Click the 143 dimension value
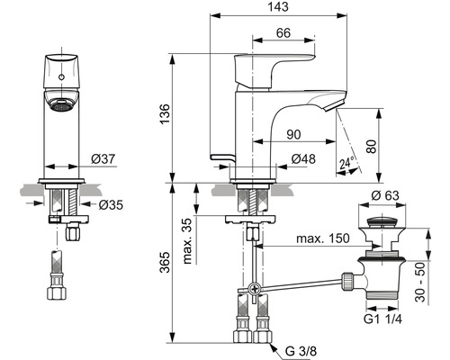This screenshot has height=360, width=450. pos(278,6)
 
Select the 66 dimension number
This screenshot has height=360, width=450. pos(283,33)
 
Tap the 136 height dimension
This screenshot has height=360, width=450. pos(165,114)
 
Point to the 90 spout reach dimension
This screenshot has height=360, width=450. pos(293,135)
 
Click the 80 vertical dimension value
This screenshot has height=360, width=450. pos(372,147)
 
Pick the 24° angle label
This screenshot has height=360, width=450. pos(347,164)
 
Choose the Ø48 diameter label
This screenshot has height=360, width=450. pos(303,159)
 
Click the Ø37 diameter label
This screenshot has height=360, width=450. pos(103,159)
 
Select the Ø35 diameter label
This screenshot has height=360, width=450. pos(111,205)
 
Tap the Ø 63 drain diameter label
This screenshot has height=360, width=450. pos(385,195)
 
